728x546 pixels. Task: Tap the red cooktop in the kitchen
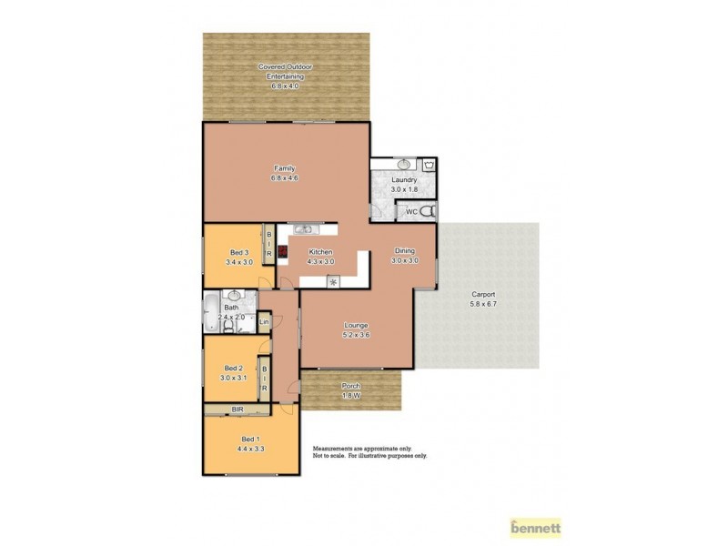pyautogui.click(x=282, y=251)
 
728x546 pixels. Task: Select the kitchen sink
pyautogui.click(x=303, y=228)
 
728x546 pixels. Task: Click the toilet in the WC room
pyautogui.click(x=431, y=212)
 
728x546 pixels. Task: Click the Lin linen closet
pyautogui.click(x=265, y=322)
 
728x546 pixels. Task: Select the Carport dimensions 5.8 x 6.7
pyautogui.click(x=483, y=304)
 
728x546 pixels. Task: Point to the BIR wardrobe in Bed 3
pyautogui.click(x=268, y=244)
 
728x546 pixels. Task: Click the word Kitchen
pyautogui.click(x=321, y=252)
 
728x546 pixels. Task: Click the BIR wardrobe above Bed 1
pyautogui.click(x=238, y=410)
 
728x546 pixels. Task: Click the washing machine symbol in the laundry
pyautogui.click(x=430, y=165)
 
